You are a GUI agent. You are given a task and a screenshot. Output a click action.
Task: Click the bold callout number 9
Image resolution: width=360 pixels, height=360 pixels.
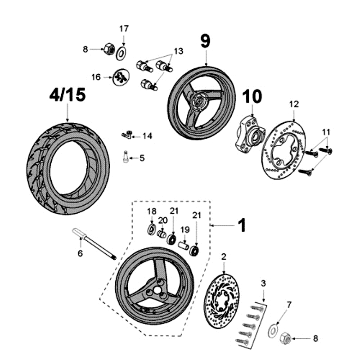pos(205,41)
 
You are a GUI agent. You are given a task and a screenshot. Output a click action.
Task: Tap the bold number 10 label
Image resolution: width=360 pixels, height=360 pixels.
pos(252,96)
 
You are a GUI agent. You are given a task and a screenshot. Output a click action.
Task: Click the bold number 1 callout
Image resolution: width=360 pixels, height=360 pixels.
pos(242,225)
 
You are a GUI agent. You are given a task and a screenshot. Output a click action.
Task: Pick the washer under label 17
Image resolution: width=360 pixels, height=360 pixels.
pos(121,55)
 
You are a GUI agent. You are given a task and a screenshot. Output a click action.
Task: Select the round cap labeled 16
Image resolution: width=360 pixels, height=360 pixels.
pos(119,78)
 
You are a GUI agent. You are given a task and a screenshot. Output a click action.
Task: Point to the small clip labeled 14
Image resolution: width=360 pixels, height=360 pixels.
pos(127,134)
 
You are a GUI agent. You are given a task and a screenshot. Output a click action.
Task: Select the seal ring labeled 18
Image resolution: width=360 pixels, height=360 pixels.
pos(152,229)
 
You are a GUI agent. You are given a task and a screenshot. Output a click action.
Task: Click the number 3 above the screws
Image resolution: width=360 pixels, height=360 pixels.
pos(264,283)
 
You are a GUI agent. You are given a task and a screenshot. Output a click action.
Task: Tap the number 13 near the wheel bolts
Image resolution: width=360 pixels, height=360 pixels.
pos(179,52)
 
